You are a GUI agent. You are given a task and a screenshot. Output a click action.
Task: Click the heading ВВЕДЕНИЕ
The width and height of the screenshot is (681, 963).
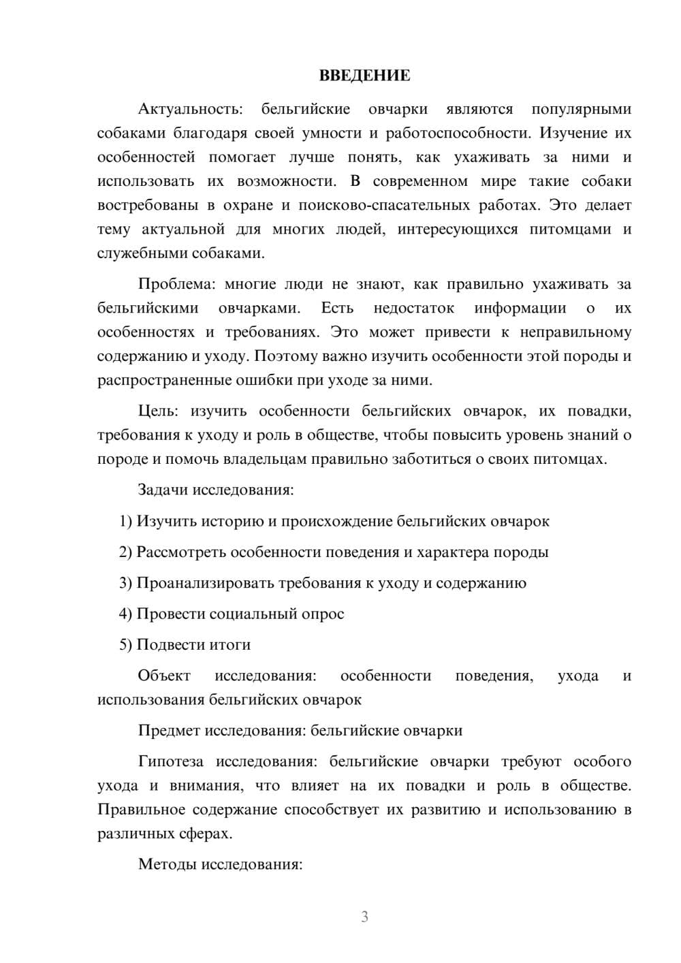364,76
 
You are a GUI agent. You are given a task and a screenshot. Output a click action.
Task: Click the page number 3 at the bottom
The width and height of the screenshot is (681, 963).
364,917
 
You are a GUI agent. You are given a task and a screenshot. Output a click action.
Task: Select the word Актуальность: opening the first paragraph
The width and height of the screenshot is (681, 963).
189,109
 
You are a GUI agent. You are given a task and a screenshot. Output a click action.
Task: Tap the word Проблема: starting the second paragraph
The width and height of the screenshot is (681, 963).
178,284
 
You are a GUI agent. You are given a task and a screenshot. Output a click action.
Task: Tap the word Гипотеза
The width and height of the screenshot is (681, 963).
172,761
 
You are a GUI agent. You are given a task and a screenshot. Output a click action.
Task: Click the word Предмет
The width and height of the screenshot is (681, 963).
168,730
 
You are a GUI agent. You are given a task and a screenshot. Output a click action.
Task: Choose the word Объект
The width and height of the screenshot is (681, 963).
164,676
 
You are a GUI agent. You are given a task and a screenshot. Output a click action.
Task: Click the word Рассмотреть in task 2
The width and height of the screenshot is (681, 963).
181,552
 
